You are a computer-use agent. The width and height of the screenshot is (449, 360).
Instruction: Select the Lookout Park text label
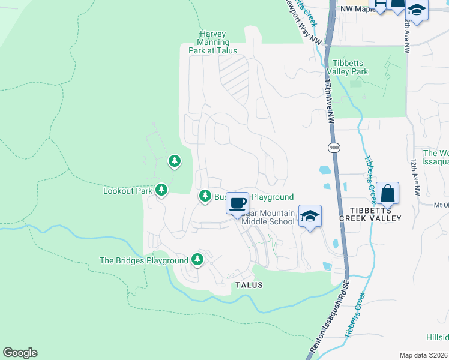[128, 191]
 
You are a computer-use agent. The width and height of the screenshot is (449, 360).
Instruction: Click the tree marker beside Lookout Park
[161, 190]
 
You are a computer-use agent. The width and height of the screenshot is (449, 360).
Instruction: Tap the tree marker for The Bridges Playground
[197, 260]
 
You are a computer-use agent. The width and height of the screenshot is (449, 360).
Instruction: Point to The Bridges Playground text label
[144, 261]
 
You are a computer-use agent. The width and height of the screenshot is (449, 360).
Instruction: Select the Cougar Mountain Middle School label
[268, 217]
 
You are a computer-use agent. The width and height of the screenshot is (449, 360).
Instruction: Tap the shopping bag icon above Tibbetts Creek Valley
[388, 193]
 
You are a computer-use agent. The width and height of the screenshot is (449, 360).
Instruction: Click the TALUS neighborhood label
[249, 286]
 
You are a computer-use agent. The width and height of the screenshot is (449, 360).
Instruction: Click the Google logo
[20, 353]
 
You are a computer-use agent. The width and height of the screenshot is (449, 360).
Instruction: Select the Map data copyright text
[423, 355]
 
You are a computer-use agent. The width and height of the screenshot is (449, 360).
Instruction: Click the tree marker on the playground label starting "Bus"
[205, 196]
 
